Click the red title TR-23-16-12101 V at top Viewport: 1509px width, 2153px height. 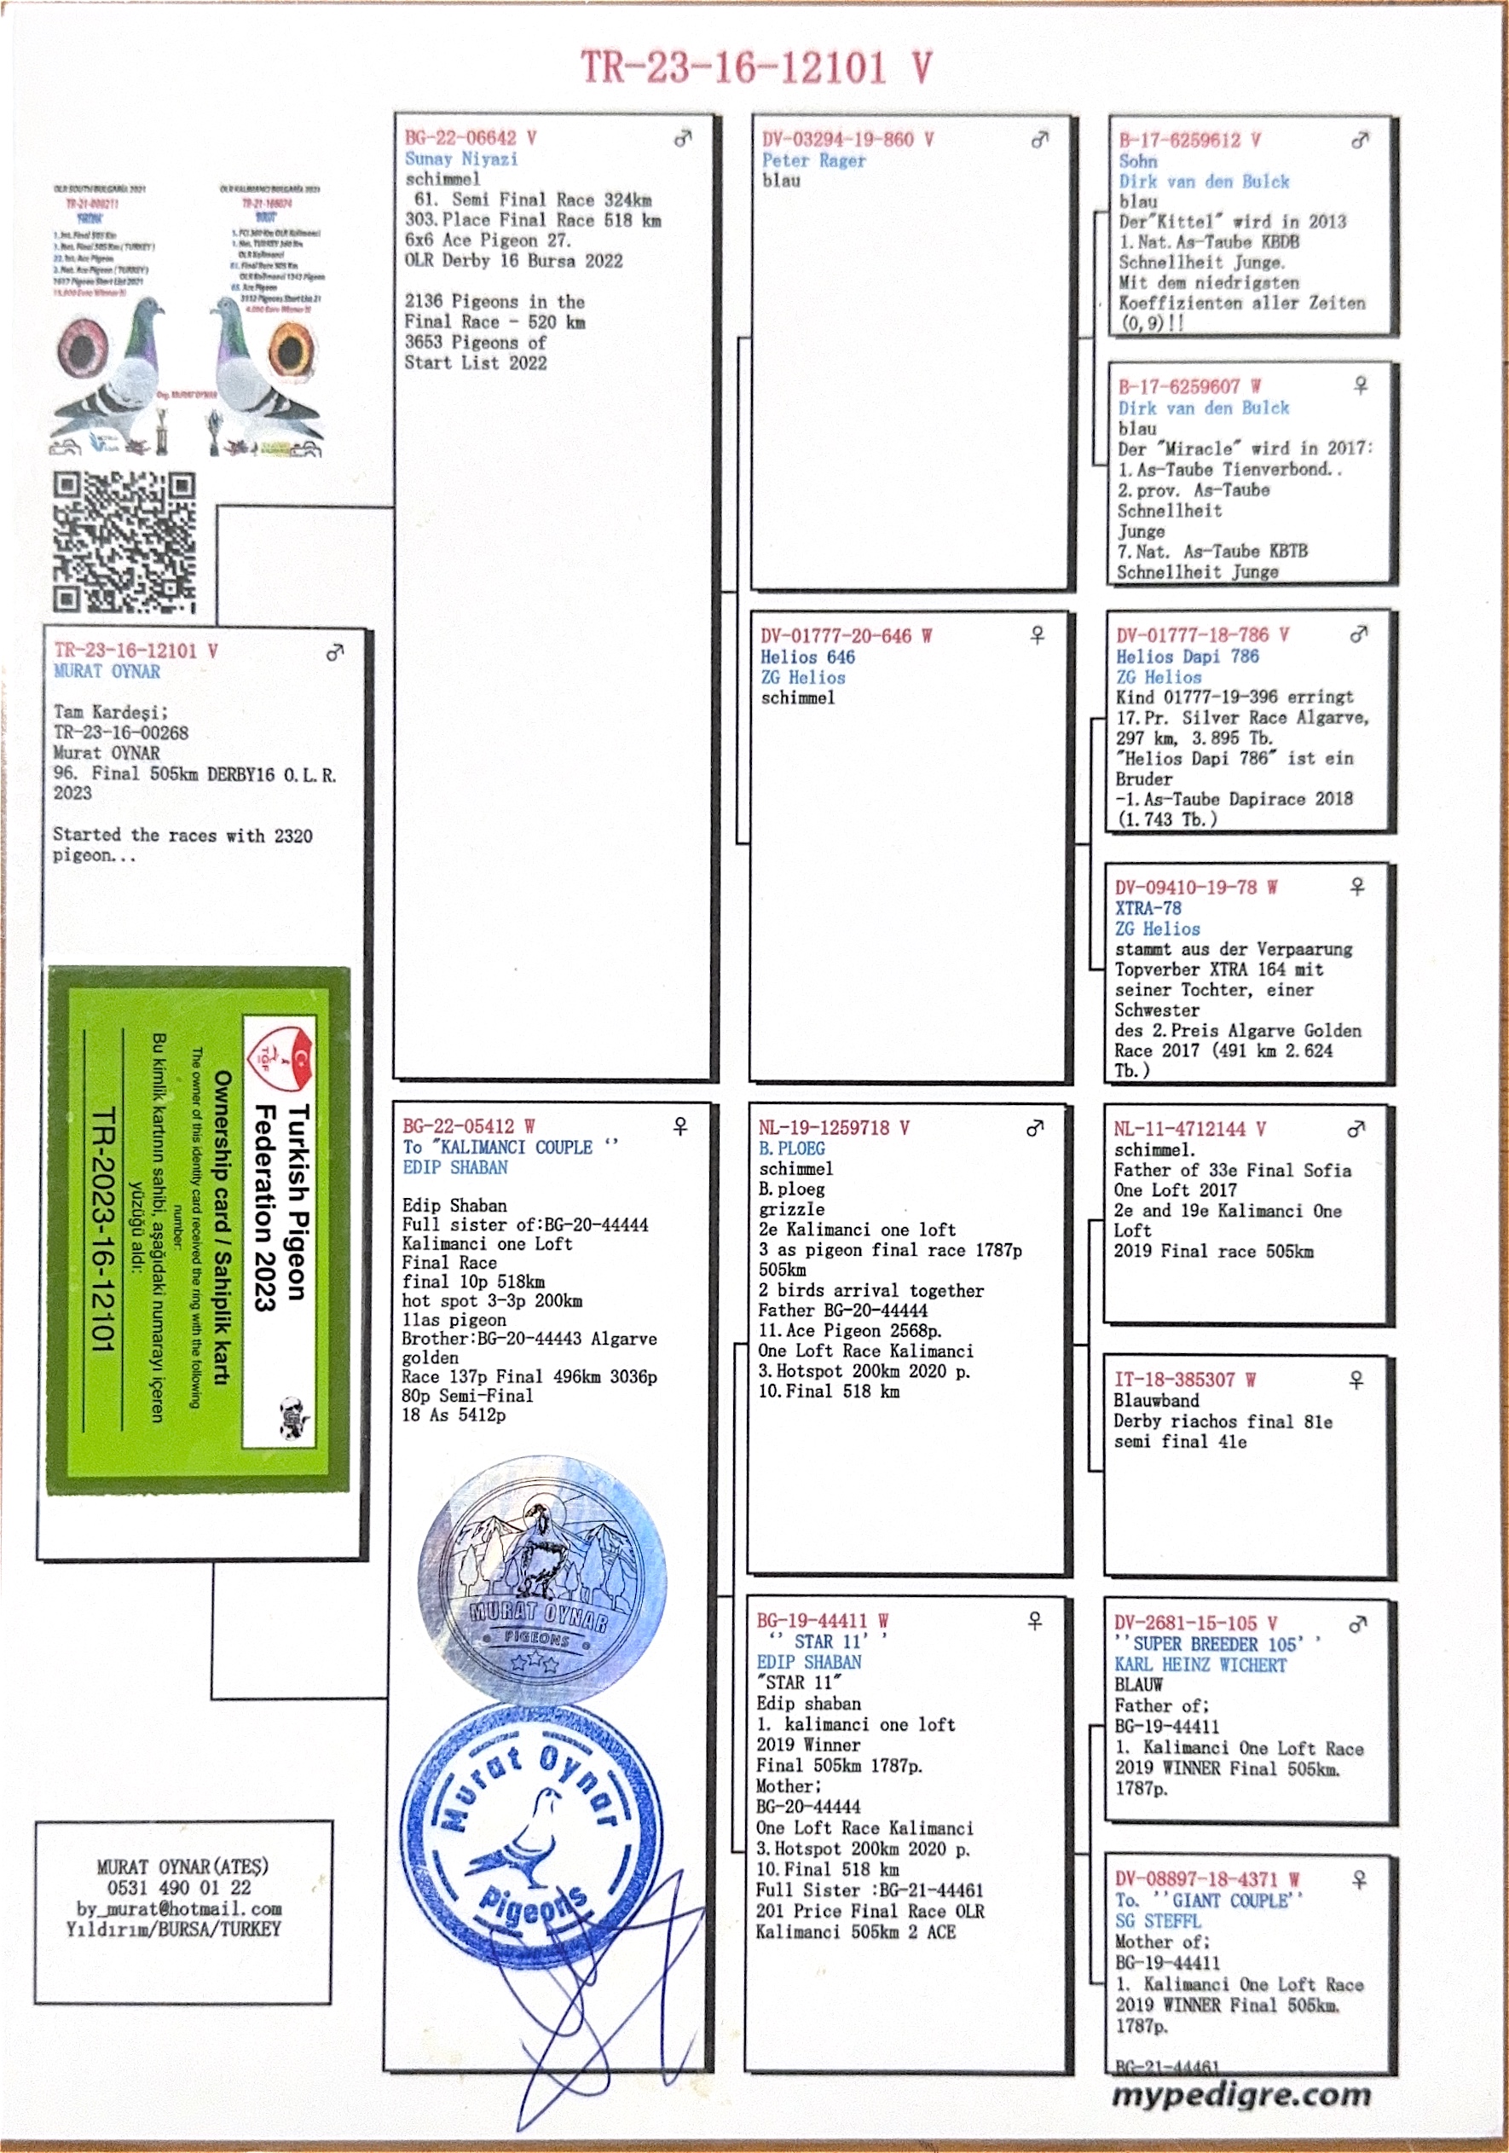[x=755, y=67]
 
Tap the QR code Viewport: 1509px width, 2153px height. [x=124, y=543]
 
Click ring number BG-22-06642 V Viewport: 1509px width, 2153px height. [x=470, y=138]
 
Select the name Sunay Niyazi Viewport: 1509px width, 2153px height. [x=460, y=159]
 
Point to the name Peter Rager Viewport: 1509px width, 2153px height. [x=813, y=160]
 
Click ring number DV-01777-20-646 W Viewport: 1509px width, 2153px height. [x=845, y=636]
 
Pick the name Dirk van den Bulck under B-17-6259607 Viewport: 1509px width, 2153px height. [x=1202, y=408]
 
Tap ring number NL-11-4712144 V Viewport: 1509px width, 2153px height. [x=1189, y=1129]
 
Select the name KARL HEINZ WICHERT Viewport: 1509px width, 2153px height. [x=1200, y=1664]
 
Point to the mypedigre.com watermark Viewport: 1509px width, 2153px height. [x=1240, y=2094]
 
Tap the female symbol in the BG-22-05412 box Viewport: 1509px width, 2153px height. [x=681, y=1126]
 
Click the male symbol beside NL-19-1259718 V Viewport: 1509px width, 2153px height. [x=1035, y=1128]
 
